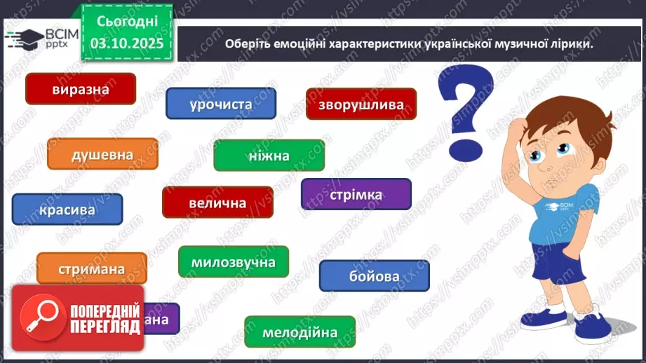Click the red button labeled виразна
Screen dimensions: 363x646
pyautogui.click(x=80, y=89)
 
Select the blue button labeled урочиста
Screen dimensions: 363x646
pyautogui.click(x=220, y=104)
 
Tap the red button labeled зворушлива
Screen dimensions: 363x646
pyautogui.click(x=361, y=104)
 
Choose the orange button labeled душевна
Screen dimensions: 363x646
pyautogui.click(x=102, y=154)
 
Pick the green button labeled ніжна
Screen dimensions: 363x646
pyautogui.click(x=269, y=156)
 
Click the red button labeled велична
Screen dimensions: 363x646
pyautogui.click(x=217, y=203)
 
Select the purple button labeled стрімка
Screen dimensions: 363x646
pyautogui.click(x=356, y=194)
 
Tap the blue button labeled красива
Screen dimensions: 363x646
pyautogui.click(x=67, y=210)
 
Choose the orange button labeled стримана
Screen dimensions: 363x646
pyautogui.click(x=92, y=268)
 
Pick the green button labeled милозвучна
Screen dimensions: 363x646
pyautogui.click(x=233, y=262)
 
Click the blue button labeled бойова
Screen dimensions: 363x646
pyautogui.click(x=374, y=275)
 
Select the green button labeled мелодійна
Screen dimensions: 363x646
pyautogui.click(x=300, y=332)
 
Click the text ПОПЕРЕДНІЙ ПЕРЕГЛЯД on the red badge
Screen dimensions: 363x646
pyautogui.click(x=102, y=319)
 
